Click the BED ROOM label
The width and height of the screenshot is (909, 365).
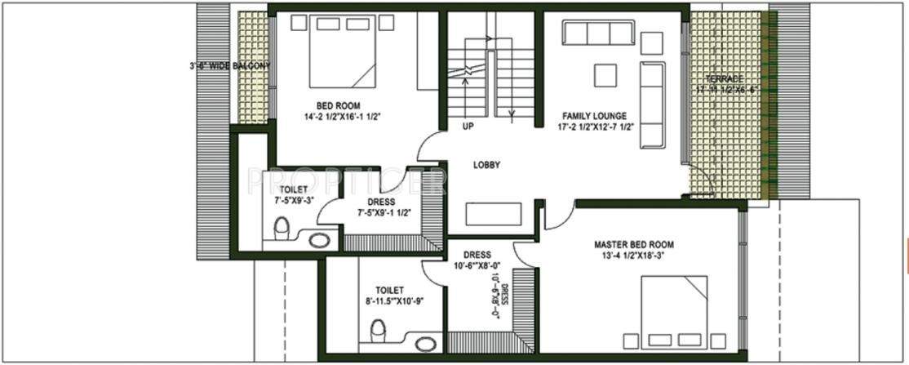point(339,105)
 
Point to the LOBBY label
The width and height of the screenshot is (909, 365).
point(486,165)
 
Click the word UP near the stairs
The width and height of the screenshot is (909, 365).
point(468,127)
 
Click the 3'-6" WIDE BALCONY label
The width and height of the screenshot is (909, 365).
point(228,65)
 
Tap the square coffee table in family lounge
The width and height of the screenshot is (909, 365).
point(605,75)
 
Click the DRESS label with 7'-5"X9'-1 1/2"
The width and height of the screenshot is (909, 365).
point(381,202)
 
